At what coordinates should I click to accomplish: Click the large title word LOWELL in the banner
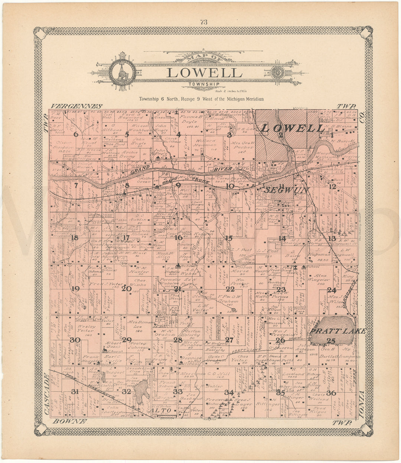click(204, 72)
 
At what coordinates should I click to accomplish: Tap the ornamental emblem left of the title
click(122, 72)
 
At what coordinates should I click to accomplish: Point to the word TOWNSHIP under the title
click(203, 84)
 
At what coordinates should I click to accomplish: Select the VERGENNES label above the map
click(77, 106)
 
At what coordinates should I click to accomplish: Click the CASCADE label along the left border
click(46, 394)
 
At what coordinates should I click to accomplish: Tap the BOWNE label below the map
click(70, 421)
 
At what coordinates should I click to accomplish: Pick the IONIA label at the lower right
click(362, 405)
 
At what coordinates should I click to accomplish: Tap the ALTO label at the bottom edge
click(161, 411)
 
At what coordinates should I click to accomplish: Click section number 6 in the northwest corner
click(76, 135)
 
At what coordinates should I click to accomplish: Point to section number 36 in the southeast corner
click(331, 393)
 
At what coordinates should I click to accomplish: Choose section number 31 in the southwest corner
click(75, 391)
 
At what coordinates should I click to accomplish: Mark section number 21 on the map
click(178, 288)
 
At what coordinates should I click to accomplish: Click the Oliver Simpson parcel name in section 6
click(63, 145)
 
